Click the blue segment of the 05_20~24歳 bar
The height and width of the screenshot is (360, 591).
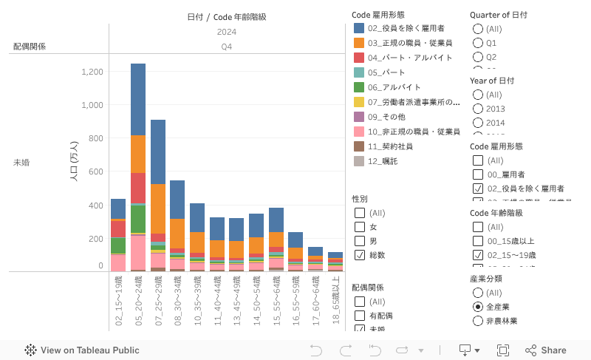[138, 99]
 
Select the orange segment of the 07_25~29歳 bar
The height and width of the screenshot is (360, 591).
[158, 208]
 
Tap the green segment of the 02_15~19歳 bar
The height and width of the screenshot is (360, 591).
[118, 245]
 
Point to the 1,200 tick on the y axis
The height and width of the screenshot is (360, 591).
[93, 72]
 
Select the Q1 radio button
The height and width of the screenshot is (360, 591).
[478, 43]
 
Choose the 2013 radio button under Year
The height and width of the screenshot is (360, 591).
[478, 109]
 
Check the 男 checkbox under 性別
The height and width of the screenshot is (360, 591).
[360, 241]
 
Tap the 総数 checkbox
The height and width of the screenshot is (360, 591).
[360, 255]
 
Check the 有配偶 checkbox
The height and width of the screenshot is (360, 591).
[360, 316]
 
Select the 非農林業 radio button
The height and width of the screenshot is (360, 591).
[478, 321]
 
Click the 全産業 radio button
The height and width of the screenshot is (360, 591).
[478, 307]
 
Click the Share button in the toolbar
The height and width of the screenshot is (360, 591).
[546, 350]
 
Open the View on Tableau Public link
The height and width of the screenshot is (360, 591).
[82, 350]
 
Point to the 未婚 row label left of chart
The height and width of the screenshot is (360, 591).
[21, 162]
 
